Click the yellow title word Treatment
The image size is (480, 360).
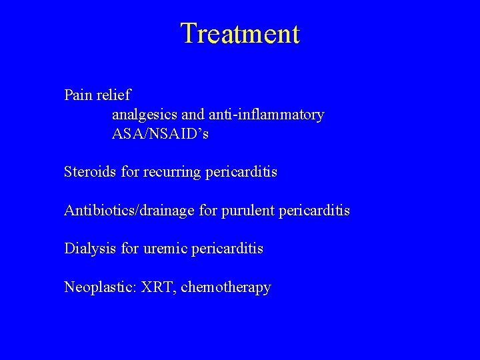240,33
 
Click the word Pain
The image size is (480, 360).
78,95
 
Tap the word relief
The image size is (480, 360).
113,95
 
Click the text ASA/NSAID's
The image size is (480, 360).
160,134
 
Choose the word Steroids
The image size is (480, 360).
90,172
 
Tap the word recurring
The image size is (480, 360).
172,172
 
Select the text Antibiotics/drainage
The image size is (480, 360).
129,211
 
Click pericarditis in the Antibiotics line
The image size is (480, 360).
313,211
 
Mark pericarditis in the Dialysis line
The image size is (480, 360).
227,249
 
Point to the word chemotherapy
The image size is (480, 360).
226,287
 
